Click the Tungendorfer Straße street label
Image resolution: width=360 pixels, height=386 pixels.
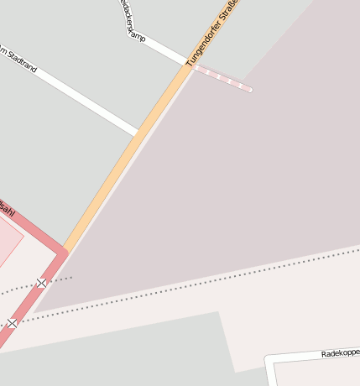[x=212, y=34]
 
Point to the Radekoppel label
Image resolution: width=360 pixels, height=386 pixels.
[x=340, y=353]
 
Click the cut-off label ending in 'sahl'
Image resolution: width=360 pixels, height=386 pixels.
[x=6, y=208]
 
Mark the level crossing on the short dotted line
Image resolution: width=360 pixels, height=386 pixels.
[x=41, y=283]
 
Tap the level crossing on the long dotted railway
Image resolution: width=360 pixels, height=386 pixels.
[x=12, y=322]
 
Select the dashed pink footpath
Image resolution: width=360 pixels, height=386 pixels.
[x=222, y=78]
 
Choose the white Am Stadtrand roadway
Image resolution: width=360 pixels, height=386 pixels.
[x=84, y=101]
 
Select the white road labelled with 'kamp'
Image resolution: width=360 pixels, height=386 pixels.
[x=159, y=47]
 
